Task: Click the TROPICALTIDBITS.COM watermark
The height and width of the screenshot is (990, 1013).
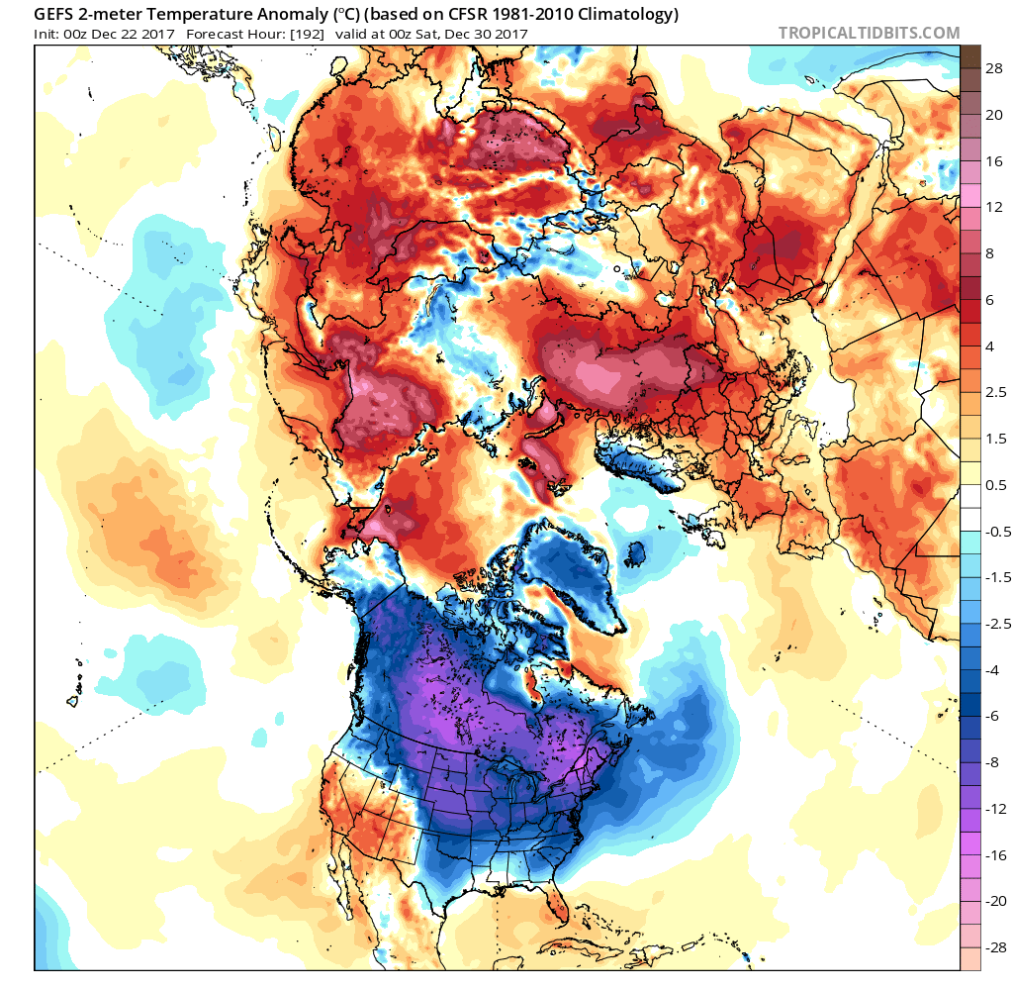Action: tap(869, 33)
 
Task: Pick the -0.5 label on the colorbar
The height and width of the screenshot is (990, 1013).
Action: tap(997, 531)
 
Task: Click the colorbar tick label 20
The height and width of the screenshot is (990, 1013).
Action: tap(992, 114)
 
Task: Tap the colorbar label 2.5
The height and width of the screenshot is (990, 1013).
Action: tap(996, 392)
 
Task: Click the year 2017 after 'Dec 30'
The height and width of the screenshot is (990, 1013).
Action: tap(511, 34)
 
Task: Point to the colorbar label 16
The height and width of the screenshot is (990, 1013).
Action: tap(992, 160)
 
